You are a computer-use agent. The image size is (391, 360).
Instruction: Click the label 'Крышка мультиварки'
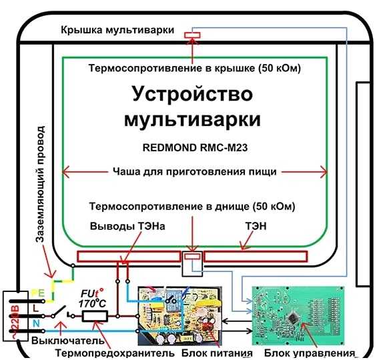(x=117, y=30)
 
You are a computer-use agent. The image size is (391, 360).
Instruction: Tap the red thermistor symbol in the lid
(x=192, y=35)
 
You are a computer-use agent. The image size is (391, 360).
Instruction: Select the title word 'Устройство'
(x=193, y=94)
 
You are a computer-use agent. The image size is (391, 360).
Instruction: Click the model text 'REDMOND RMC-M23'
(x=195, y=148)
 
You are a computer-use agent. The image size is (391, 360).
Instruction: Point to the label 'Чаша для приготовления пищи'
(x=195, y=171)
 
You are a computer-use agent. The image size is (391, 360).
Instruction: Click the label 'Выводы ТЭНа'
(x=127, y=226)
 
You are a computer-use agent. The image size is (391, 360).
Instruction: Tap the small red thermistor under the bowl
(x=192, y=257)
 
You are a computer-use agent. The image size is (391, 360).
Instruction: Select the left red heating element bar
(x=129, y=257)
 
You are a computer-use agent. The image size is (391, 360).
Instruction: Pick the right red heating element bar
(x=256, y=257)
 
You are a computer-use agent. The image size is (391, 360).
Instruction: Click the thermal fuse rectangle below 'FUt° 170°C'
(x=95, y=316)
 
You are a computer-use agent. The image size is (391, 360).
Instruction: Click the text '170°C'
(x=92, y=304)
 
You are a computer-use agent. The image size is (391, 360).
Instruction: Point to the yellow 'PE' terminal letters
(x=38, y=293)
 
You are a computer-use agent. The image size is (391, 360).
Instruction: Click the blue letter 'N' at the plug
(x=36, y=323)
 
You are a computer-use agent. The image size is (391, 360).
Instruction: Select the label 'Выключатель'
(x=68, y=340)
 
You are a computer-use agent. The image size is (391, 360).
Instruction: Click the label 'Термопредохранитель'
(x=115, y=353)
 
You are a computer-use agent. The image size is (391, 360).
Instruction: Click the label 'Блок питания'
(x=217, y=353)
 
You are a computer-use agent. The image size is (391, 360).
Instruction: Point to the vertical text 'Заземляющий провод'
(x=40, y=184)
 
